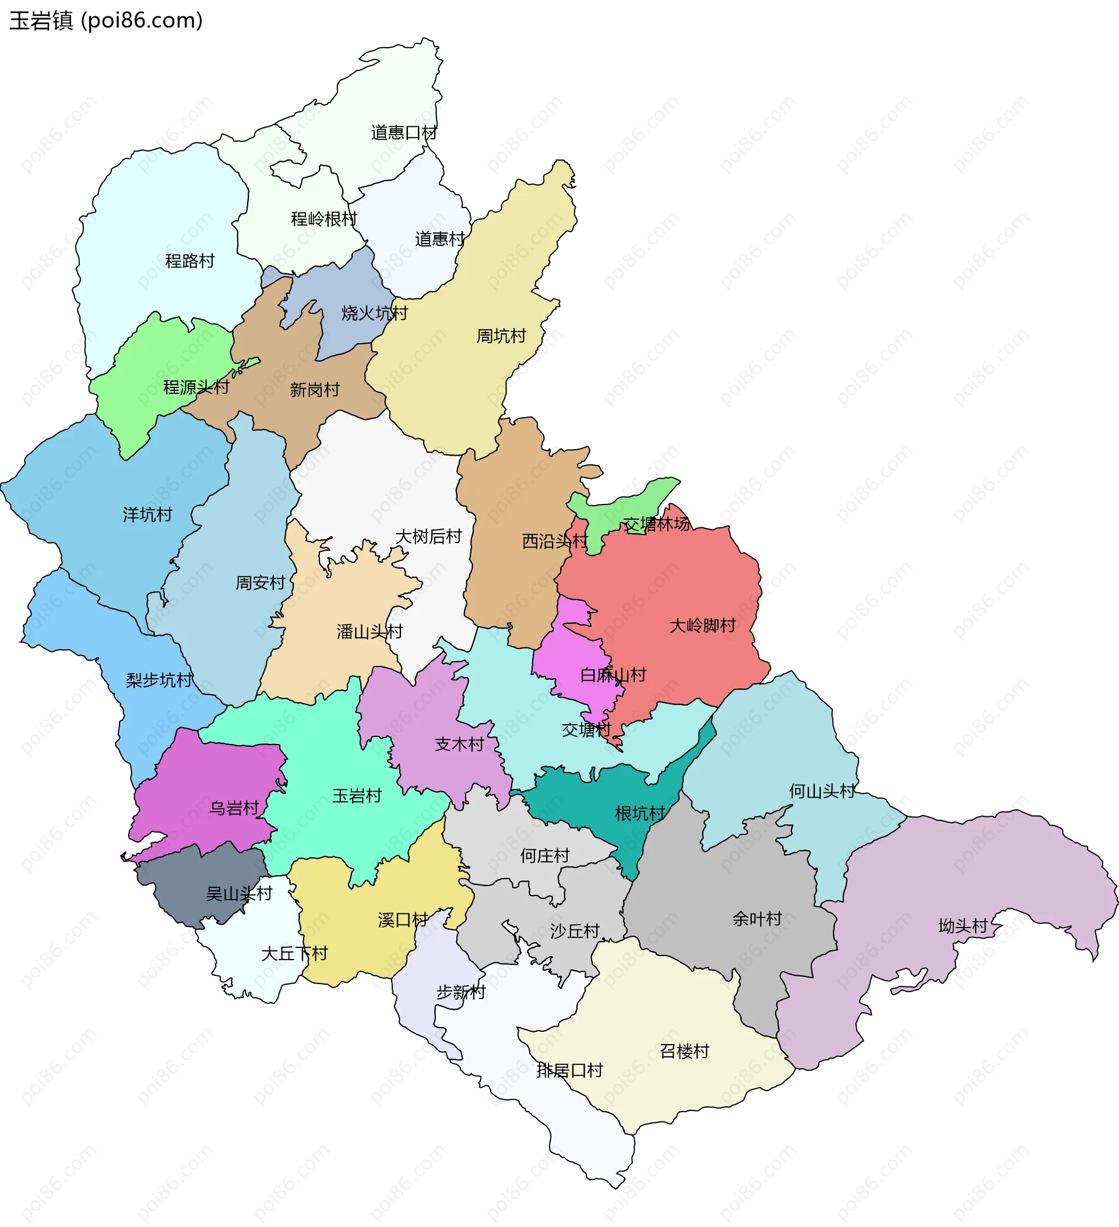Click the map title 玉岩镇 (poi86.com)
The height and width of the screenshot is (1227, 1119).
[x=106, y=21]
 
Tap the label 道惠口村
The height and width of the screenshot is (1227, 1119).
[x=404, y=133]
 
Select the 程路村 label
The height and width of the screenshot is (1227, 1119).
[x=190, y=261]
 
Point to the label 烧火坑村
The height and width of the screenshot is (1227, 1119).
[x=374, y=313]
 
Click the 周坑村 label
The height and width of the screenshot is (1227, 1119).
[x=501, y=336]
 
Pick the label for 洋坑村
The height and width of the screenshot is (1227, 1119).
[x=147, y=515]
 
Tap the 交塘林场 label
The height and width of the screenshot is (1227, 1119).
[x=656, y=524]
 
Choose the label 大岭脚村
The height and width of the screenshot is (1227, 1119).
[x=702, y=625]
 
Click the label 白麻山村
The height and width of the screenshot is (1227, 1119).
[x=613, y=675]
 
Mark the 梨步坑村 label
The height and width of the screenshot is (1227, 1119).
[x=159, y=681]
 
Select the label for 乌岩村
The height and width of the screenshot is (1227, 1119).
[x=234, y=808]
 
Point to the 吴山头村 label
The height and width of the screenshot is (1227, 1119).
[x=238, y=894]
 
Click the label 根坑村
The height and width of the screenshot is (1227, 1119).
[x=640, y=814]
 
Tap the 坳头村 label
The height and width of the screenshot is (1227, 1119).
[x=963, y=926]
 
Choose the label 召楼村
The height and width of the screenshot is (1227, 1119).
[x=684, y=1051]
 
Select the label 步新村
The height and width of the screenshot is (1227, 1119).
[x=461, y=993]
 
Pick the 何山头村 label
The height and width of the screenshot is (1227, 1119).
[x=822, y=791]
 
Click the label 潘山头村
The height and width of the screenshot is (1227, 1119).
[x=370, y=632]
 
